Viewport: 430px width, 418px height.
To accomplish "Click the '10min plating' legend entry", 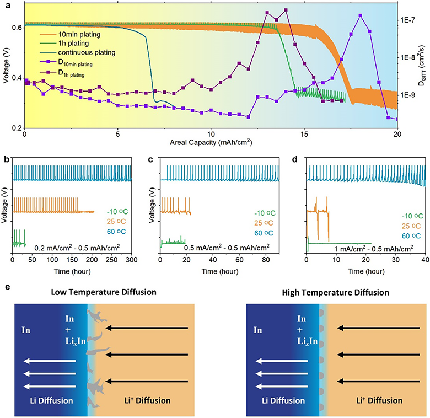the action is [71, 35].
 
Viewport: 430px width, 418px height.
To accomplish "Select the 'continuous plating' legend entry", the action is [78, 52].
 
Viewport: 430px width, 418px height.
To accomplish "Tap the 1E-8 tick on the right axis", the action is [408, 57].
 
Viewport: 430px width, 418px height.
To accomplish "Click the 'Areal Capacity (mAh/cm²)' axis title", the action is [211, 142].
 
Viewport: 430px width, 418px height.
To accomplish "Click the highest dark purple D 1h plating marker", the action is [286, 10].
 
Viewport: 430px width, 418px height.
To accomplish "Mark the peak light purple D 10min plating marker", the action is [361, 15].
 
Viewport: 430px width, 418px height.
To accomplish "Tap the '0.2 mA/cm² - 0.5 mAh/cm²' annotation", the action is [77, 248].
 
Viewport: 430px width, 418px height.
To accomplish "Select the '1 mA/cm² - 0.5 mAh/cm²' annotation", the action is [374, 249].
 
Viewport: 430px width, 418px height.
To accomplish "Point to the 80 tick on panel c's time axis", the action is [266, 260].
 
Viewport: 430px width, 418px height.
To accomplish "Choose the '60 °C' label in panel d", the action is [411, 236].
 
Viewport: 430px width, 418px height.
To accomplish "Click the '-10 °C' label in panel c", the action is [265, 213].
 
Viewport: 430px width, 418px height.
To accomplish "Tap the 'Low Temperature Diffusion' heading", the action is [104, 292].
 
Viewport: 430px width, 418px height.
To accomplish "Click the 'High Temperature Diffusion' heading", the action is [335, 292].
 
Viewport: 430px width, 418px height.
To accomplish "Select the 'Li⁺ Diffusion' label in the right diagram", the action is [379, 400].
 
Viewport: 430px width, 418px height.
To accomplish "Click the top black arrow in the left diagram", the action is [147, 328].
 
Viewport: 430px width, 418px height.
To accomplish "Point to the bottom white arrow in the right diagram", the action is [281, 387].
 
